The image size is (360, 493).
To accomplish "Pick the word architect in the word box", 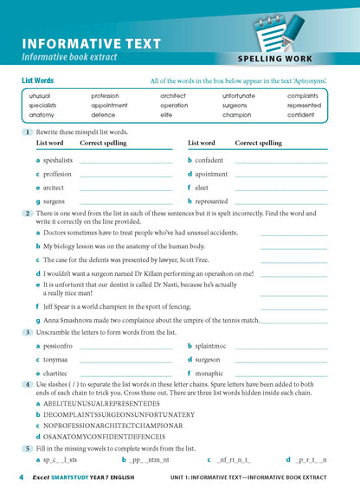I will click(178, 95).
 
